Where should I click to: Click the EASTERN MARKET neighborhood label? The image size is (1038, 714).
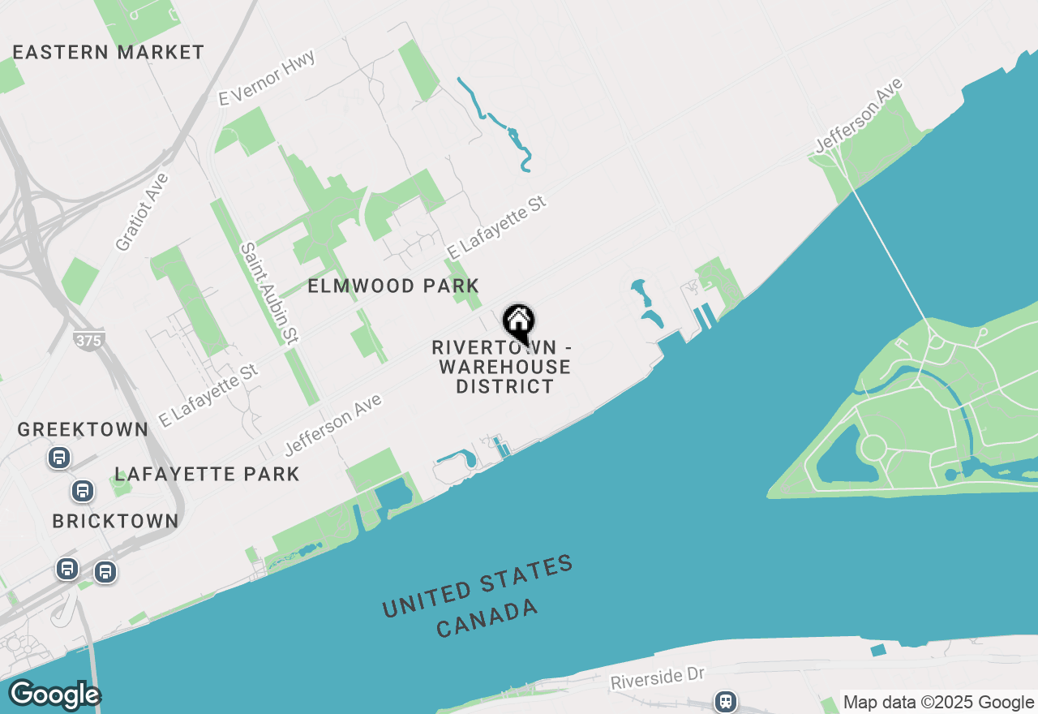point(109,53)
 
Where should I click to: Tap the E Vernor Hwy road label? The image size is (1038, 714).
point(267,77)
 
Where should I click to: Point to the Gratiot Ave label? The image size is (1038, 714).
point(142,212)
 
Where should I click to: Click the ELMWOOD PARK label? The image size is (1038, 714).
point(393,286)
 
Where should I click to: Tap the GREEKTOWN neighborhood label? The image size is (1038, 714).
point(83,429)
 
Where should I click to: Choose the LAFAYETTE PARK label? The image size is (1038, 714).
point(208,474)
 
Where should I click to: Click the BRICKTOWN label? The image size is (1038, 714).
point(115,521)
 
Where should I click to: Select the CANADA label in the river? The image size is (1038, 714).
point(487,617)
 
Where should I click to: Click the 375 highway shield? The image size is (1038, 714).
point(88,340)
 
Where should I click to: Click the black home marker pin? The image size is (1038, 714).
point(518,324)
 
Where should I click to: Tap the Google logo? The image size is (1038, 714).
point(54,695)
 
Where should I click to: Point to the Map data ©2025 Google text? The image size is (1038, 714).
point(938,703)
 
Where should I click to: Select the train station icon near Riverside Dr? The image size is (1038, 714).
point(724,701)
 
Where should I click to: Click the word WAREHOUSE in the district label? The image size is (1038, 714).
point(504,368)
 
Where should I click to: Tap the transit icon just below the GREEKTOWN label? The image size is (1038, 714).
point(58,458)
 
